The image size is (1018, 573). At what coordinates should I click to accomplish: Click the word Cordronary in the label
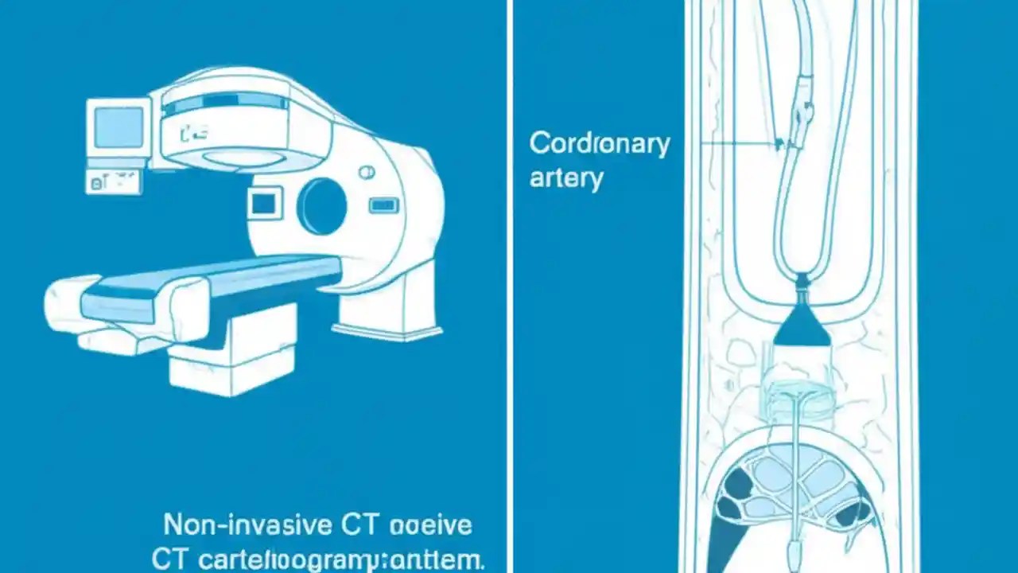[x=600, y=144]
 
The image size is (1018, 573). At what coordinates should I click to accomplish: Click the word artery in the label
[x=566, y=177]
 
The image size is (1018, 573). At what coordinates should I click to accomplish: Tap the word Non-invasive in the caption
[x=247, y=525]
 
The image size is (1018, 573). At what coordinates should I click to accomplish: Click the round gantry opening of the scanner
[x=321, y=206]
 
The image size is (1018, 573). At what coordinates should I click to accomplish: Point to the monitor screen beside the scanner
[x=119, y=127]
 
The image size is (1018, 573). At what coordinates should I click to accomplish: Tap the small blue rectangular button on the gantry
[x=383, y=205]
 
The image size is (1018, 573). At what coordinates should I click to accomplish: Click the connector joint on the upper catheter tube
[x=802, y=111]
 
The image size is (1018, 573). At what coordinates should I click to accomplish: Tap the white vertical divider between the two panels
[x=509, y=286]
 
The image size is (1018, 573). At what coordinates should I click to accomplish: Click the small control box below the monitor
[x=113, y=182]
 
